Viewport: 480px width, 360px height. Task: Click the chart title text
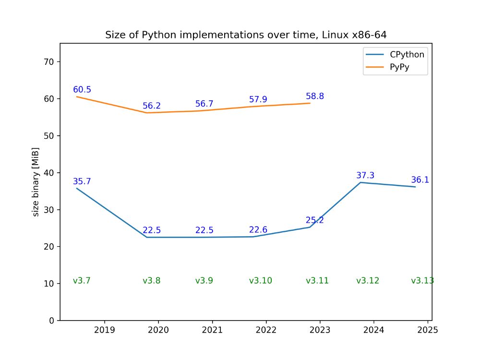(x=246, y=35)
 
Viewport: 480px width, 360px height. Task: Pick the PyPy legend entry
(x=402, y=68)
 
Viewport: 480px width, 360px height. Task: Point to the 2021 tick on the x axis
(x=212, y=330)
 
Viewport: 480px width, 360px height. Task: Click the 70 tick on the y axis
(x=49, y=62)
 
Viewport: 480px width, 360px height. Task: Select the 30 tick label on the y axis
(x=49, y=210)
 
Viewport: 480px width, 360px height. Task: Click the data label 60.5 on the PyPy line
(x=82, y=90)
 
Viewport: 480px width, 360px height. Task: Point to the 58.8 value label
(x=315, y=96)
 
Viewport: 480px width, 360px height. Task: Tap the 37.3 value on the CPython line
(x=365, y=176)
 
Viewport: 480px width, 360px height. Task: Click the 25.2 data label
(x=315, y=220)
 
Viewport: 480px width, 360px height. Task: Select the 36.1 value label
(x=420, y=180)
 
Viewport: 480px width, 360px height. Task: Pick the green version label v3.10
(x=261, y=281)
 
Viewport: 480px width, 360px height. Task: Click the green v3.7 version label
(x=82, y=281)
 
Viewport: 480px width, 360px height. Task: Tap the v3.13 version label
(x=422, y=281)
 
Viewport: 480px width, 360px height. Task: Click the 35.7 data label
(x=82, y=181)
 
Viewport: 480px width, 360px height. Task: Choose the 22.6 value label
(x=258, y=230)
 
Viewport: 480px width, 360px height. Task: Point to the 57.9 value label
(x=258, y=99)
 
